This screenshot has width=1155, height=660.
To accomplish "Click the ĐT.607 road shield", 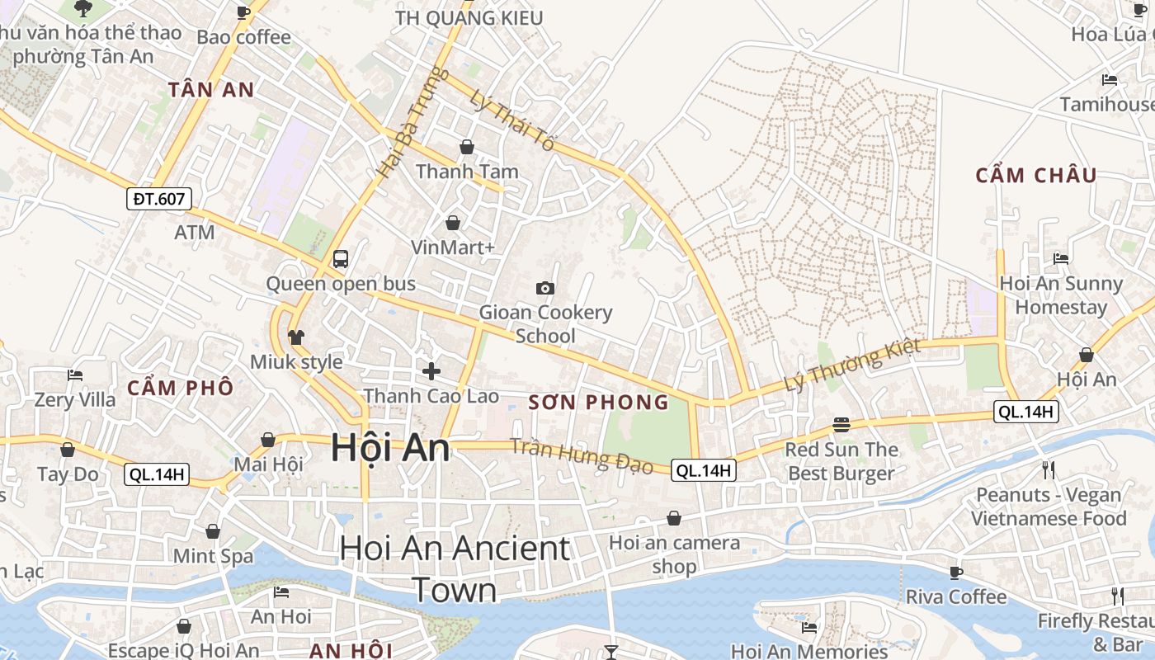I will tap(159, 198).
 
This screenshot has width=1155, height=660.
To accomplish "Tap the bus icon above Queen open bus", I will tap(340, 259).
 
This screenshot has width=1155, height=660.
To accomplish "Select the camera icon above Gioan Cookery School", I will tap(544, 288).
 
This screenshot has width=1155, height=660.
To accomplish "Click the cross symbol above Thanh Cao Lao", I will tap(431, 371).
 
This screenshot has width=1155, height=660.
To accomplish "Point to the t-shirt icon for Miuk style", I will tap(296, 337).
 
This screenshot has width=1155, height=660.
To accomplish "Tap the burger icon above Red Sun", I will tap(841, 425).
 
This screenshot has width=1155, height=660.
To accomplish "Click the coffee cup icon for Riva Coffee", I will tap(956, 573).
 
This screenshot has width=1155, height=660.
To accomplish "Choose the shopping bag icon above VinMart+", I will tap(452, 223).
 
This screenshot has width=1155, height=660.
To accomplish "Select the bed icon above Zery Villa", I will tap(75, 375).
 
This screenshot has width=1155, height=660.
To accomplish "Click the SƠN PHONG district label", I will tap(598, 403).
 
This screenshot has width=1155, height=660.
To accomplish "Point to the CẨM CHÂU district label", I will tap(1036, 175).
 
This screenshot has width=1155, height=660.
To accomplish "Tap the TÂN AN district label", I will tap(211, 90).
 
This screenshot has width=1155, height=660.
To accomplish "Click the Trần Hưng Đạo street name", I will tap(581, 456).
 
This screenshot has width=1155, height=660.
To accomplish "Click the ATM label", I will tap(194, 233).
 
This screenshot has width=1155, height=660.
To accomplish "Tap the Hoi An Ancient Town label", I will tap(455, 569).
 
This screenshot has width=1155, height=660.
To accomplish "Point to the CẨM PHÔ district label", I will tap(181, 388).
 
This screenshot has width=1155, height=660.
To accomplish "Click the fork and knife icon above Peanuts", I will tap(1049, 470).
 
